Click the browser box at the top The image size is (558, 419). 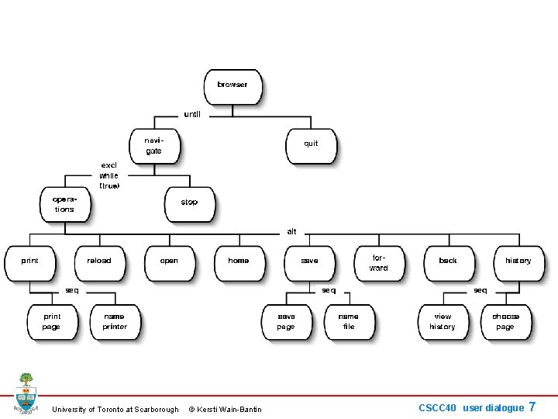[232, 85]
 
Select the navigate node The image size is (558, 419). [154, 144]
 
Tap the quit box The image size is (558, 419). [311, 144]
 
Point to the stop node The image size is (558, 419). [189, 203]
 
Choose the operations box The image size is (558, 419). [64, 204]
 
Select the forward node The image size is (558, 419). [379, 262]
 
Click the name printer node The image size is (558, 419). [115, 321]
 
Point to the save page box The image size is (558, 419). [286, 321]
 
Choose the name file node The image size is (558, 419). [349, 321]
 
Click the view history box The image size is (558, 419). [443, 321]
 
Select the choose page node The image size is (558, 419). [505, 321]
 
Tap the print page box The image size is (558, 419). [52, 321]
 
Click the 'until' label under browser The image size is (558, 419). [192, 114]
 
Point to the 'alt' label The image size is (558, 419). [291, 231]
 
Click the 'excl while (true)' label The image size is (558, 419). [109, 175]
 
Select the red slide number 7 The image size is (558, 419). [532, 407]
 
